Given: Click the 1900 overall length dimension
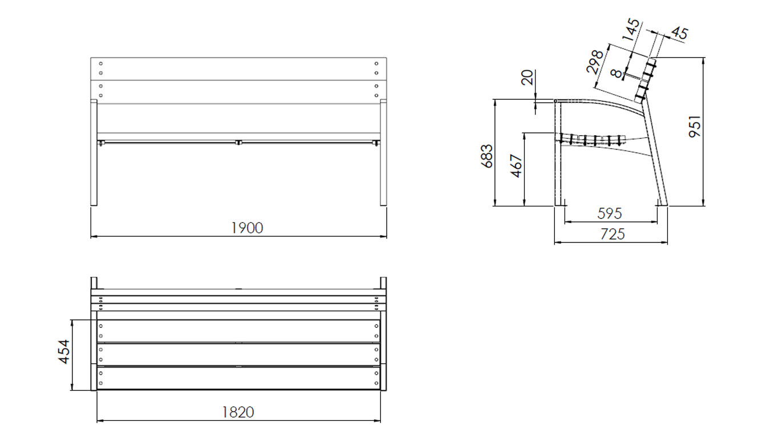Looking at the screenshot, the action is (x=248, y=228).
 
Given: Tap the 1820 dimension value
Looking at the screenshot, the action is (x=238, y=412).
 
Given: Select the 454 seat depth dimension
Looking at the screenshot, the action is (x=64, y=352).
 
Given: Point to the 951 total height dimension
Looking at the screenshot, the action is (x=695, y=127).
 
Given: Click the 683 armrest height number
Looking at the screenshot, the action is (x=488, y=156).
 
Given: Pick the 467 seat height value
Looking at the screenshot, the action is (x=517, y=165).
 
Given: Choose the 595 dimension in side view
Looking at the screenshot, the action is (x=609, y=214).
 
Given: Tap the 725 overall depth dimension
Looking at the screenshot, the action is (x=613, y=234).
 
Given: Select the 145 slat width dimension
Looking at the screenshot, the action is (x=631, y=30).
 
